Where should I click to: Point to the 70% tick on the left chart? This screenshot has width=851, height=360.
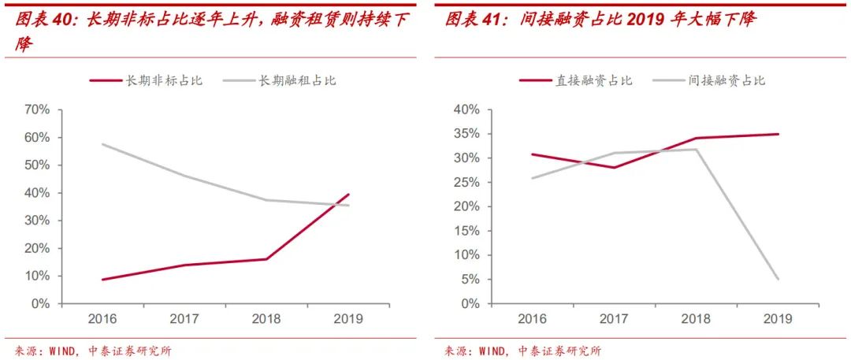pos(37,109)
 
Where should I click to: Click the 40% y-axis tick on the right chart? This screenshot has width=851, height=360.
pos(466,109)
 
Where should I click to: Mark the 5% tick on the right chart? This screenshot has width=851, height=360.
pos(470,279)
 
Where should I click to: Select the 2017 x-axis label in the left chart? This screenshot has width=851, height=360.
pos(183,318)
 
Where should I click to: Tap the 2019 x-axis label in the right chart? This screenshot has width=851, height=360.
pos(778,318)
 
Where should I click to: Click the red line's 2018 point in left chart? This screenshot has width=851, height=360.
pos(266,259)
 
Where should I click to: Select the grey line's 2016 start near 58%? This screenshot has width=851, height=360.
pos(102,144)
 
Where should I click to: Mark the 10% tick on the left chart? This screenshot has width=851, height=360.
pos(37,276)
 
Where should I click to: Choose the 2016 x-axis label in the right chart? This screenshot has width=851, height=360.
pos(533,318)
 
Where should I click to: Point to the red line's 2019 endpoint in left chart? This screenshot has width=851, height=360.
pos(348,194)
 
